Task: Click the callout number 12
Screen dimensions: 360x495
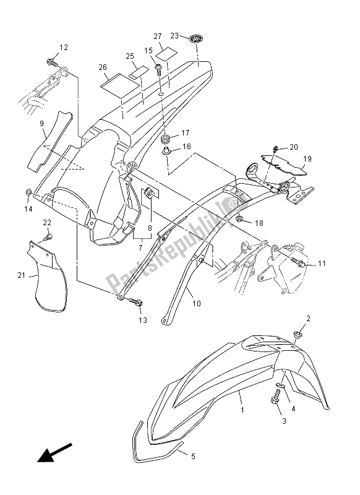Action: click(x=64, y=48)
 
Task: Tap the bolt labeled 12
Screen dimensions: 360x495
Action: click(x=53, y=62)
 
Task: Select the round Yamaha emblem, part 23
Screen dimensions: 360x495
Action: click(x=195, y=39)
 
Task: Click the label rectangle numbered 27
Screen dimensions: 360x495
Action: click(x=167, y=54)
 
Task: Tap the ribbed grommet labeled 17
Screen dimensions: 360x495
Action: click(x=166, y=138)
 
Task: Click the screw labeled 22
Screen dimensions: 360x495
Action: click(x=48, y=237)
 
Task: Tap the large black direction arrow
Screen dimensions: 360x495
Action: click(x=55, y=453)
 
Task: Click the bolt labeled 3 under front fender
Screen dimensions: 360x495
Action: click(x=275, y=397)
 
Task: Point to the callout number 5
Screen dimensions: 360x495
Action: click(x=193, y=456)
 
